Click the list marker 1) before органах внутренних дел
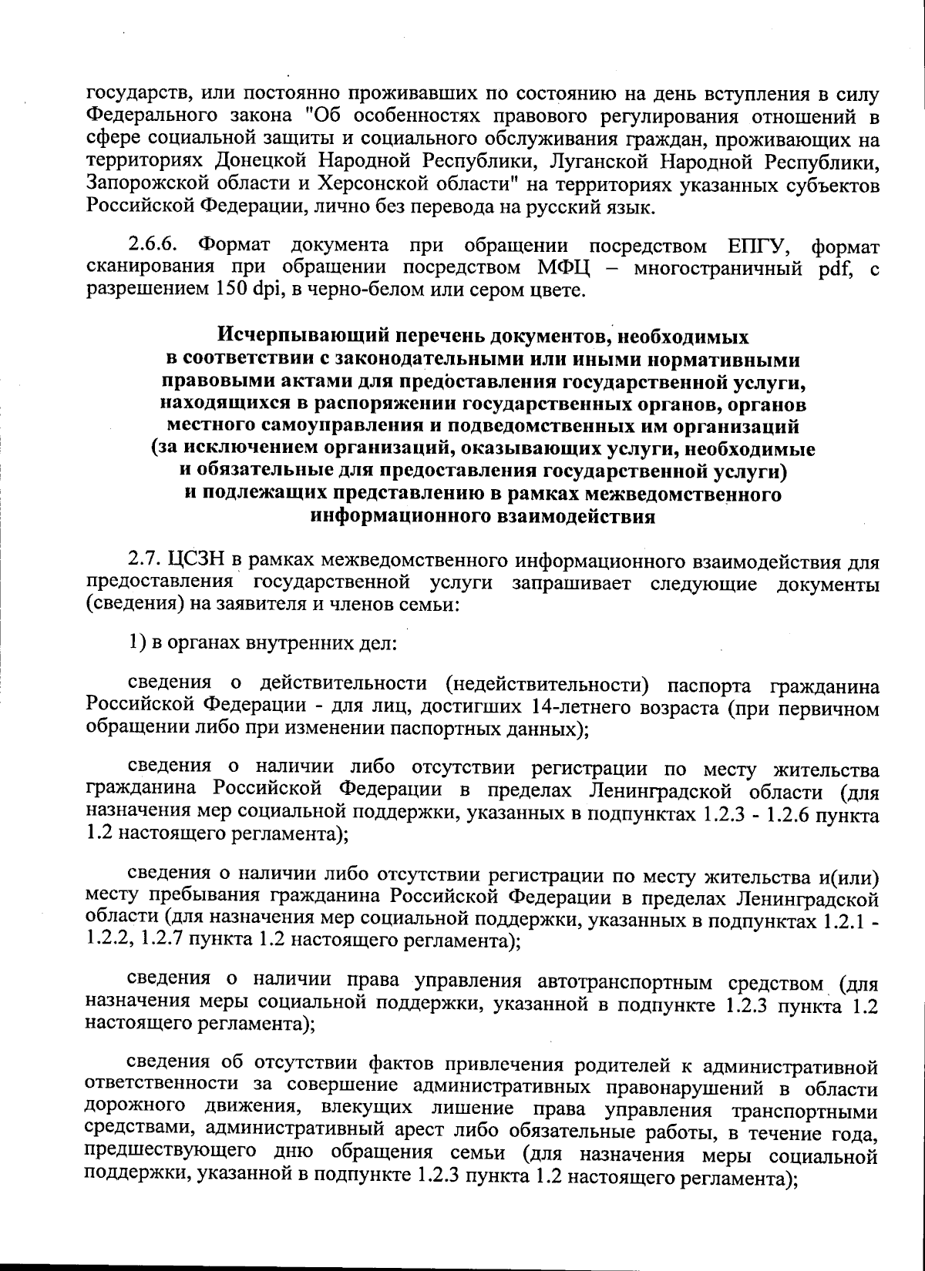tap(137, 643)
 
